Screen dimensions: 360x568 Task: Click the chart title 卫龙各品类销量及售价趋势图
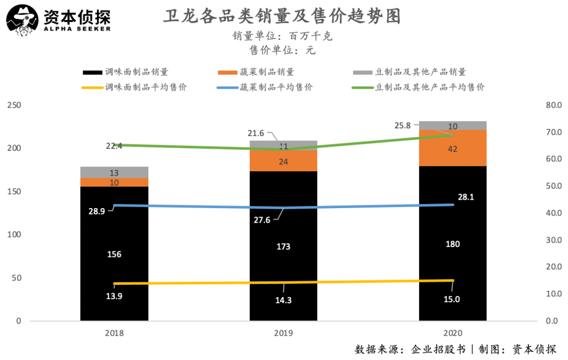point(282,16)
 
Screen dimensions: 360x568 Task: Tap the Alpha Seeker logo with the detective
point(58,20)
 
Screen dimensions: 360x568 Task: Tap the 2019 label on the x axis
point(283,333)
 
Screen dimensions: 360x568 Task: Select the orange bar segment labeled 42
point(452,149)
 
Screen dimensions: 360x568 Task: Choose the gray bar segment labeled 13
point(114,172)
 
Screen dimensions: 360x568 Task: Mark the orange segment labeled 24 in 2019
point(283,161)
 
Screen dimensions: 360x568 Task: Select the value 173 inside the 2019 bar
point(283,246)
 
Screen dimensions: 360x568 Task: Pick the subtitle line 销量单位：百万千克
point(282,36)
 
